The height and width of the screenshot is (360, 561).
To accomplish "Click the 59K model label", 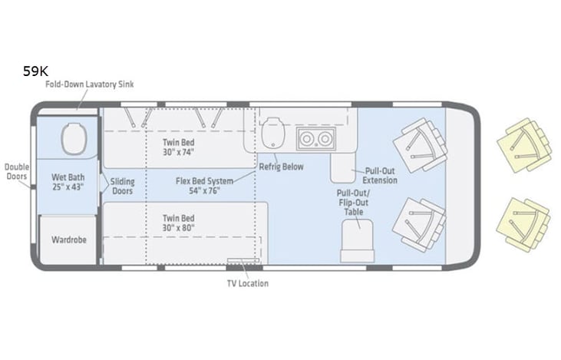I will pyautogui.click(x=35, y=71).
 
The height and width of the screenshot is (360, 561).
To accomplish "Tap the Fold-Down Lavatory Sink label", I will pyautogui.click(x=89, y=84).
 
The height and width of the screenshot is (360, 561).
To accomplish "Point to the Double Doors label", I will pyautogui.click(x=15, y=171).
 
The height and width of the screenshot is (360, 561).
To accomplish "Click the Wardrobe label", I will pyautogui.click(x=68, y=239).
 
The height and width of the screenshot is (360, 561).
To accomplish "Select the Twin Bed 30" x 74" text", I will pyautogui.click(x=178, y=147).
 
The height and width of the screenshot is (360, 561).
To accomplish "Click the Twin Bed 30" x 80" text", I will pyautogui.click(x=178, y=223).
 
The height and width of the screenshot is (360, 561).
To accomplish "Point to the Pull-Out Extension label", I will pyautogui.click(x=380, y=176).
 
